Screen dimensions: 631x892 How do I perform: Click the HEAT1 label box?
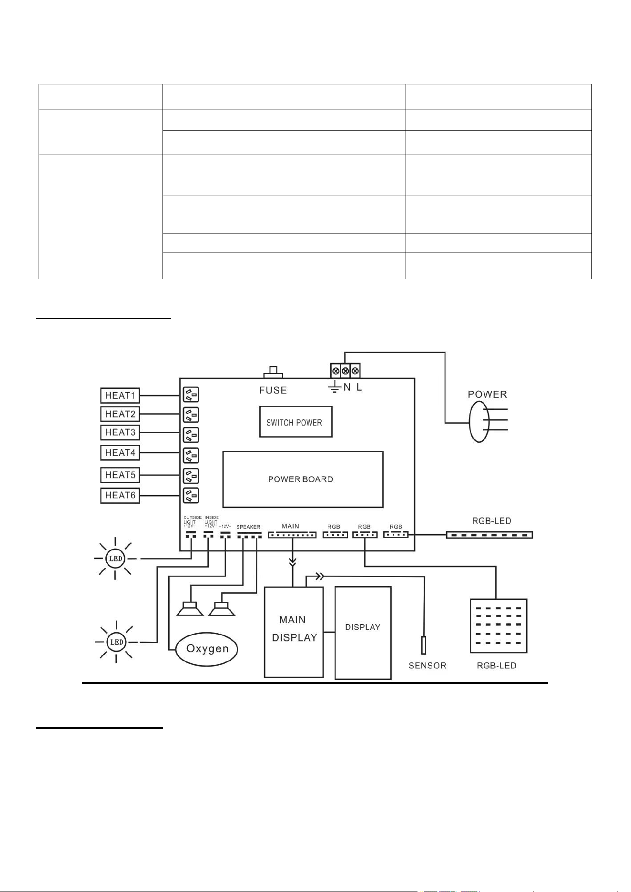[120, 395]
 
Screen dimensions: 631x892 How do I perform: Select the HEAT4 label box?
[120, 453]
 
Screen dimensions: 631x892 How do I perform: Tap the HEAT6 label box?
[120, 496]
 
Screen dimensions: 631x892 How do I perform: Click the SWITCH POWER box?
[295, 422]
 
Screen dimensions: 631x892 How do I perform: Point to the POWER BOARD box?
[303, 479]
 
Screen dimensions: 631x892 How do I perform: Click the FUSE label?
[273, 390]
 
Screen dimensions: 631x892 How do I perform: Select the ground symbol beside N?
[334, 387]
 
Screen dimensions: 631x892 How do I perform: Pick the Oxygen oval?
[207, 649]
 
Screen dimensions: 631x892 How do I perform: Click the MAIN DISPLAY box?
[294, 632]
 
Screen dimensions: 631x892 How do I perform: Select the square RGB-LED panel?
[499, 626]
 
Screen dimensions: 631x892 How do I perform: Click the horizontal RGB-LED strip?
[489, 535]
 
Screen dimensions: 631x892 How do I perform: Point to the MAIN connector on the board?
[292, 535]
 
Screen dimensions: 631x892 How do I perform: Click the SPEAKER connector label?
[248, 527]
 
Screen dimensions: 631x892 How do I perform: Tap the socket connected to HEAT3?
[191, 435]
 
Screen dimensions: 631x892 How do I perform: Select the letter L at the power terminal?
[359, 387]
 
